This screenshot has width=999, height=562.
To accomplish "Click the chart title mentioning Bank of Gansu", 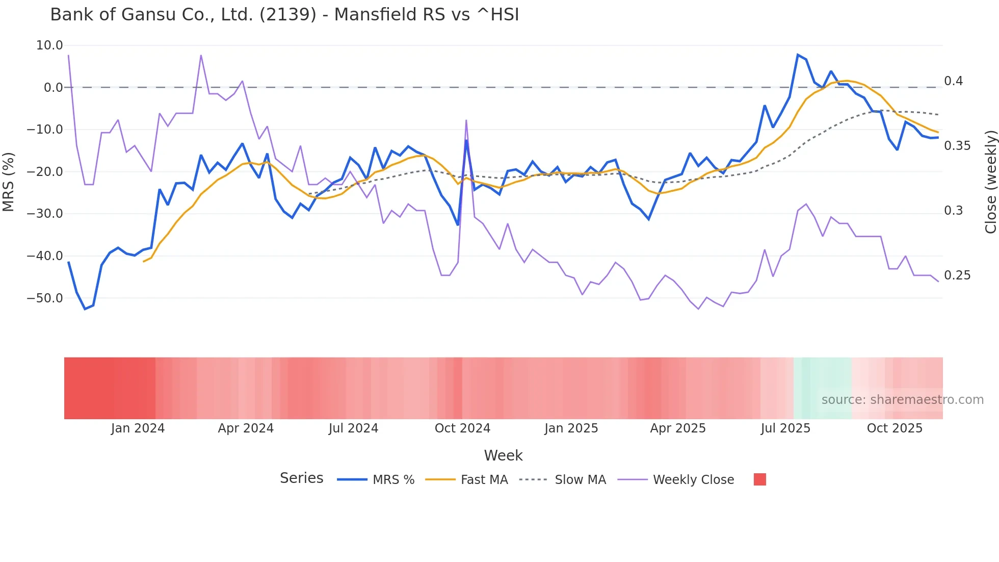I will (284, 15).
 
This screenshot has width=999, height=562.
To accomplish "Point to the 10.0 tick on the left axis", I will (49, 45).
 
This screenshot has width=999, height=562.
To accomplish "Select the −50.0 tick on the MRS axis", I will (45, 298).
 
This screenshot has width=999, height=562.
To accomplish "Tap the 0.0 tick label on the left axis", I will (53, 88).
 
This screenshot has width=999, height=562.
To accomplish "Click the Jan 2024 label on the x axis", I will (138, 428).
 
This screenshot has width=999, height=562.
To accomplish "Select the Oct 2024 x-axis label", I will (462, 428).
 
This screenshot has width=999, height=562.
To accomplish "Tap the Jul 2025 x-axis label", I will (785, 428).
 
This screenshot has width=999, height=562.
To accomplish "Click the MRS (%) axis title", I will (9, 182).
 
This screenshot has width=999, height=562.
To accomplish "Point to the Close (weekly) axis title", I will (990, 182).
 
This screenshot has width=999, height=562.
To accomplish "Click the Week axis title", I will (503, 455).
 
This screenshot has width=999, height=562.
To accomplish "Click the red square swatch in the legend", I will (759, 479).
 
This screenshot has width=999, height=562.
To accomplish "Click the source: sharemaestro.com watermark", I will (902, 400).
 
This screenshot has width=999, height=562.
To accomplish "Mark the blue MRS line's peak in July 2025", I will (798, 55).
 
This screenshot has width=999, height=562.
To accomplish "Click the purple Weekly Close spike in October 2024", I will (466, 121).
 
